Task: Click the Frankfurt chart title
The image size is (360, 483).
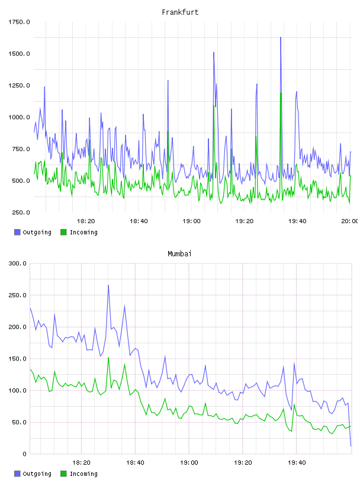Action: [180, 12]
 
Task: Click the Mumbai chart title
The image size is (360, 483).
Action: [179, 254]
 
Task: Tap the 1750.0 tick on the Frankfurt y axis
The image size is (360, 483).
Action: [19, 22]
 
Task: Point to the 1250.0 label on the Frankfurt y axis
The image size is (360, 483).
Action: [19, 85]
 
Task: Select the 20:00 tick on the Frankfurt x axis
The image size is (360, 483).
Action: [350, 221]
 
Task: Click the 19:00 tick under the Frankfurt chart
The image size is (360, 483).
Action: [191, 221]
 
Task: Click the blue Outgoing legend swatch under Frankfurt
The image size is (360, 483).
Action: [17, 232]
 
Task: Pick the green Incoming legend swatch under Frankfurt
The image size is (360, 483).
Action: [63, 232]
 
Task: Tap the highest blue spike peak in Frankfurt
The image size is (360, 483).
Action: [281, 37]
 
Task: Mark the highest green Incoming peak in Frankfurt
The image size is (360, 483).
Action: [281, 93]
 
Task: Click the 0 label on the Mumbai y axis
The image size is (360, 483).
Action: [24, 454]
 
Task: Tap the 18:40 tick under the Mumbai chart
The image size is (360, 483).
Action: [135, 462]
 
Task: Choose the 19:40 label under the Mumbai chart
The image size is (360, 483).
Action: [297, 462]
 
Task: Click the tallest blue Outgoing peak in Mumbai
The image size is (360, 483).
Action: [108, 285]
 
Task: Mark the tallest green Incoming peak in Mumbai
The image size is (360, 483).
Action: [108, 358]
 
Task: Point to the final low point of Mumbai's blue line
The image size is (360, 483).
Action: [351, 446]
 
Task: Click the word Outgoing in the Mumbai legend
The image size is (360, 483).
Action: [37, 474]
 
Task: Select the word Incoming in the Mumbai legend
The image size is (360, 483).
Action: [83, 474]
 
